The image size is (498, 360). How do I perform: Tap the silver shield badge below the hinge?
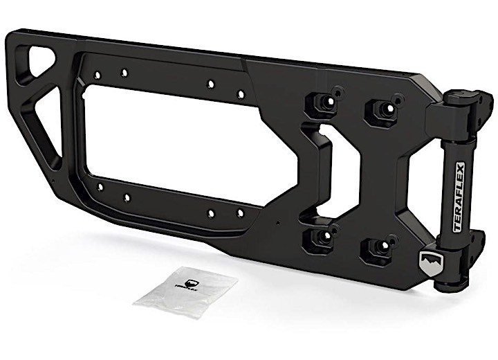click(x=429, y=264)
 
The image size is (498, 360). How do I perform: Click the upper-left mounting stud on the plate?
click(x=321, y=102)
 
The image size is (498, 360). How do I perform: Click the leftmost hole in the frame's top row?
click(x=98, y=74)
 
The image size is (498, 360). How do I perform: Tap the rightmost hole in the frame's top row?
click(x=241, y=93)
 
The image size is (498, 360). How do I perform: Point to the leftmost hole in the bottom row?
click(x=100, y=187)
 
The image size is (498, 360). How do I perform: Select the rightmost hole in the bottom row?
click(x=240, y=213)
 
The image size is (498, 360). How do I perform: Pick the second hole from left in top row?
click(x=124, y=71)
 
